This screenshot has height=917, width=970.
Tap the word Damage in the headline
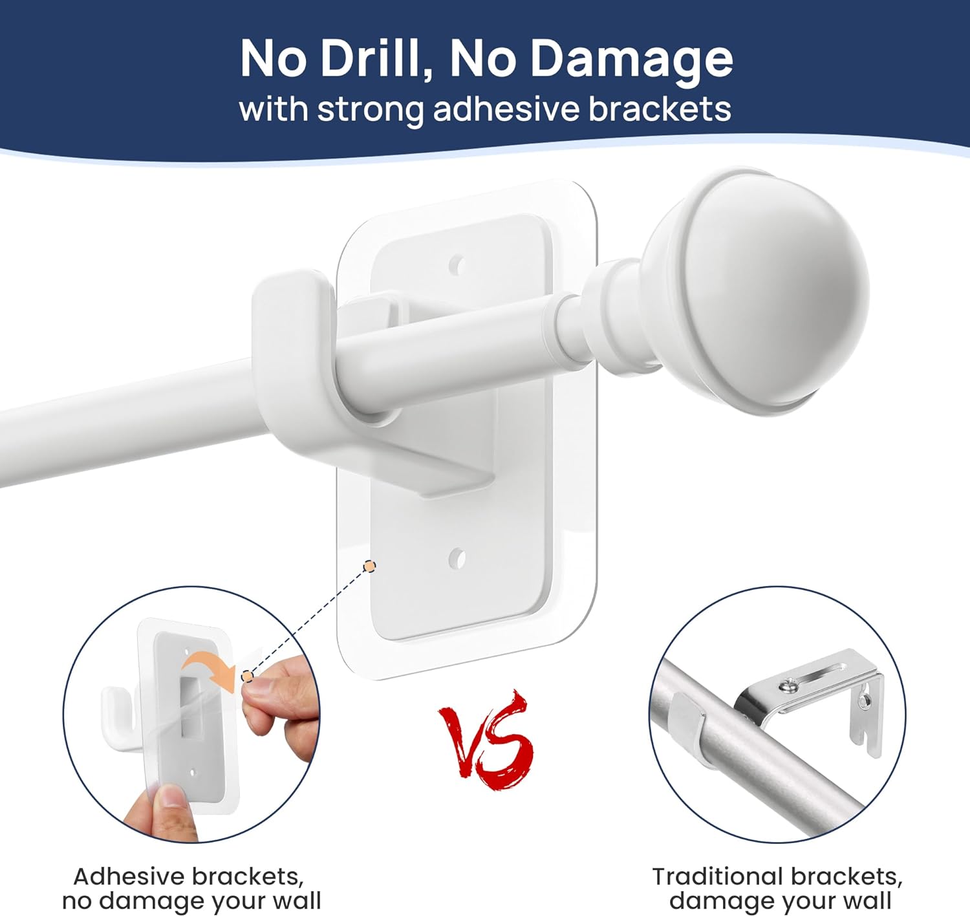pos(631,59)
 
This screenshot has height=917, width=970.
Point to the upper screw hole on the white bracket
pos(457,265)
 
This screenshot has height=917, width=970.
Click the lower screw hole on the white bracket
pos(457,558)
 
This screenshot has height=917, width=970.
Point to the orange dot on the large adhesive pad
pos(369,566)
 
